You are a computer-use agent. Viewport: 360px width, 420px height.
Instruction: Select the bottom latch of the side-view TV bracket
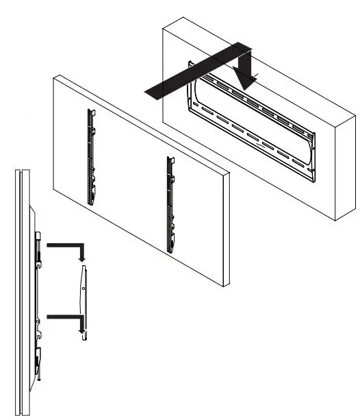pos(39,356)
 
